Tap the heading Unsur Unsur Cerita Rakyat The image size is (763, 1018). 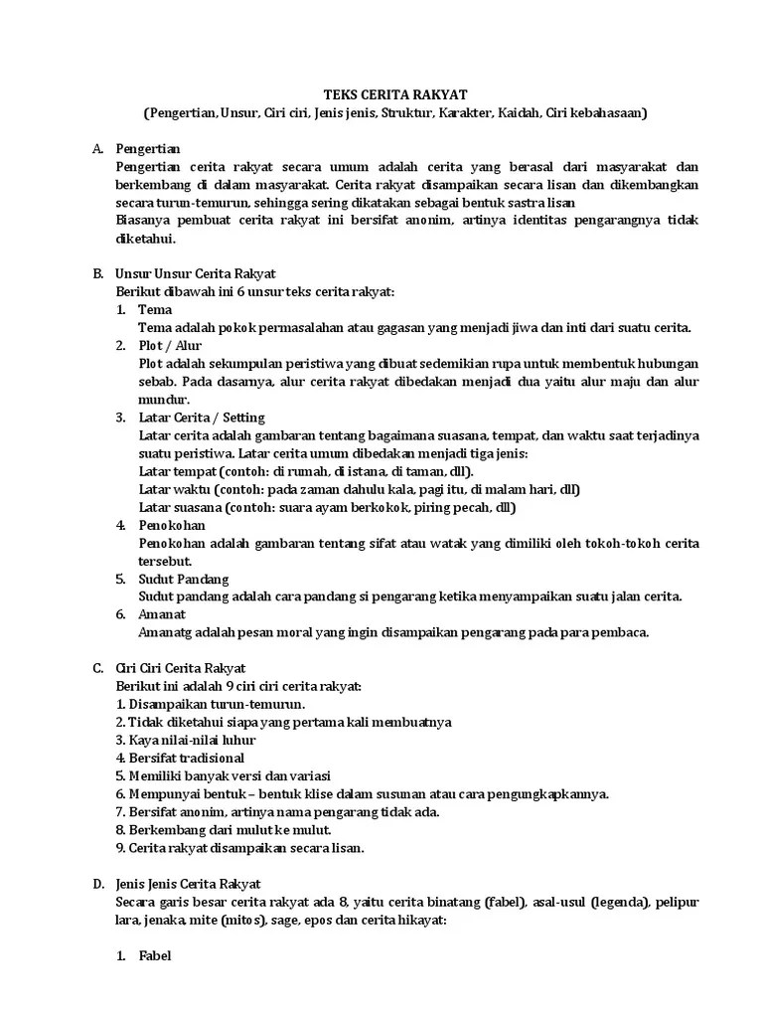tap(196, 272)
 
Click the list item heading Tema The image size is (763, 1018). tap(155, 309)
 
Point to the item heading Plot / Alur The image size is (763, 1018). tap(170, 345)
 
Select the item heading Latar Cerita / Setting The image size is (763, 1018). tap(202, 417)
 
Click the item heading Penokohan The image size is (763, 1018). tap(173, 524)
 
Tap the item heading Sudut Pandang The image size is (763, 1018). tap(184, 578)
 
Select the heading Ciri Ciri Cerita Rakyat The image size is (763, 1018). tap(181, 668)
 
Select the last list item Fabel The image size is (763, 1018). tap(155, 956)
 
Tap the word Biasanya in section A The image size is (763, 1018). tap(145, 220)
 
